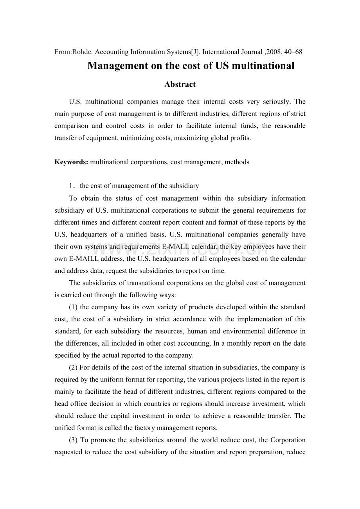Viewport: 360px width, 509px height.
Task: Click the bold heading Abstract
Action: pos(180,84)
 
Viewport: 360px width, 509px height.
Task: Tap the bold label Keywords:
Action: pos(72,162)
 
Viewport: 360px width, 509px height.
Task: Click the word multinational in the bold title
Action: pos(263,66)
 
